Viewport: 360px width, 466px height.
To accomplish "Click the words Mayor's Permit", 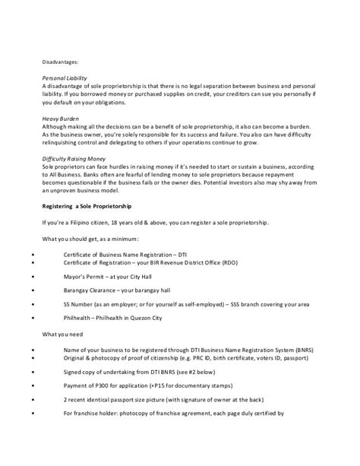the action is click(x=85, y=277).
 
